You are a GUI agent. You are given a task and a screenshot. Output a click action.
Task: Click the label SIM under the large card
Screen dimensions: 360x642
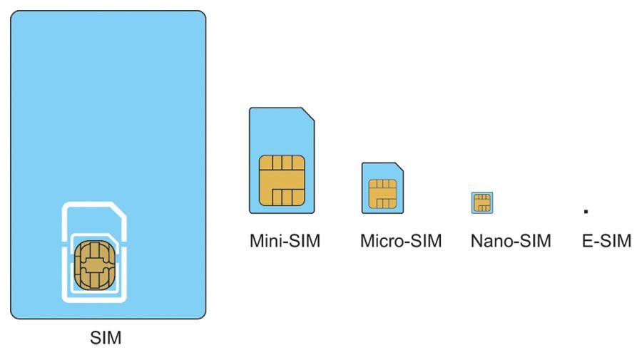pos(106,338)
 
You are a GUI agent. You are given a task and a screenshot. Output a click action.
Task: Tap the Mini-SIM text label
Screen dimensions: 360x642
pos(285,241)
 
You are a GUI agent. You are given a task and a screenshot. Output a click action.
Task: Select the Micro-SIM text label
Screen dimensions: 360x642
pos(400,241)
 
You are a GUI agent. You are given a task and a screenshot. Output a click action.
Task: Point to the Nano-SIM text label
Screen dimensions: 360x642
pos(510,241)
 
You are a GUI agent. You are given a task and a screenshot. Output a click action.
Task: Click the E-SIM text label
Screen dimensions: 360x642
pos(606,241)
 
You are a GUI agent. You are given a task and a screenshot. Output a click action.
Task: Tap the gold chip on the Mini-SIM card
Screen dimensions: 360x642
pos(282,180)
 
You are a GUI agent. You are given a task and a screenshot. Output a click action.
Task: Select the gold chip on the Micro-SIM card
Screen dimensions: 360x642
pos(382,193)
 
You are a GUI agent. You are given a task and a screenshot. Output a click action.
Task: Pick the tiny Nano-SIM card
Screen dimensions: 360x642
pos(482,202)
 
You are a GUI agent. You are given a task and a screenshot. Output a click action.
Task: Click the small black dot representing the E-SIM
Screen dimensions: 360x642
pos(586,211)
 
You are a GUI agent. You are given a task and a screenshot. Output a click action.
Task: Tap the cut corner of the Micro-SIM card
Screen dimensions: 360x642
pos(399,167)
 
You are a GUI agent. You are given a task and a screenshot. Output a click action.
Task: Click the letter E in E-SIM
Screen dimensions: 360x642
pos(587,241)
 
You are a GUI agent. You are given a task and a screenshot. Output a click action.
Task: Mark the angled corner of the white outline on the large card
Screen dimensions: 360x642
pos(118,210)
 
